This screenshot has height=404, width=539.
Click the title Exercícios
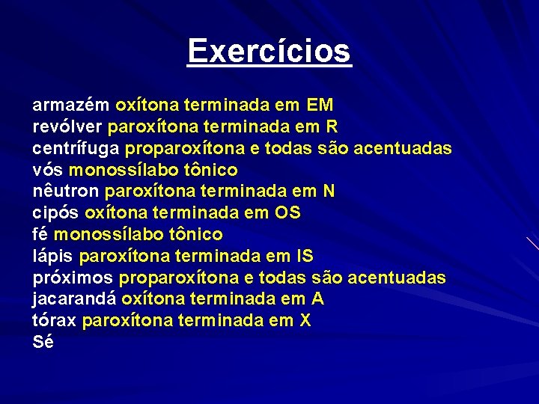[269, 51]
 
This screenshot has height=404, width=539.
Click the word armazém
[71, 105]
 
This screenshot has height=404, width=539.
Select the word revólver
[68, 126]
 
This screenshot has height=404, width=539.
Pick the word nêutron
[66, 192]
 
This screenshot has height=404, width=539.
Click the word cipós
[56, 213]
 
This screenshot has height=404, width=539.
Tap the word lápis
[53, 257]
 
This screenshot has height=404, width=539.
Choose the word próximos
[73, 278]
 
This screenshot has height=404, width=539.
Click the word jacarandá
[74, 300]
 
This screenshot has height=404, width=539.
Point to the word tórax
[55, 322]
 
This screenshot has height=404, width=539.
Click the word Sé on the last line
[43, 343]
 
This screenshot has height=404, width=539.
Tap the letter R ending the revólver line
[332, 126]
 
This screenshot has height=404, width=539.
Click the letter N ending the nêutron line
[328, 192]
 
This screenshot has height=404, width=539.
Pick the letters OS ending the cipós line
[288, 213]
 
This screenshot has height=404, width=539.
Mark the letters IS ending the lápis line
[305, 257]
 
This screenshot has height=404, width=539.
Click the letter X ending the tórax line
[305, 322]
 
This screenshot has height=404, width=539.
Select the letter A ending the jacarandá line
[318, 300]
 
